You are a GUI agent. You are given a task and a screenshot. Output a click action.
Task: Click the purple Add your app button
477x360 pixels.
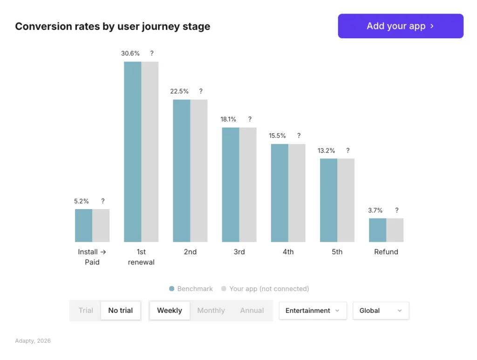401,26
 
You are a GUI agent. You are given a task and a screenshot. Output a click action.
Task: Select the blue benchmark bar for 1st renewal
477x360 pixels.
133,151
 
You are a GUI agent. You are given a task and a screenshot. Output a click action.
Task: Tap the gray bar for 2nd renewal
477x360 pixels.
199,170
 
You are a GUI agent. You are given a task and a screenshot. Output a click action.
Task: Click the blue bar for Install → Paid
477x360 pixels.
84,225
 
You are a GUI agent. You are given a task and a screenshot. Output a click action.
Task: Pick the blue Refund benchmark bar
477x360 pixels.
378,230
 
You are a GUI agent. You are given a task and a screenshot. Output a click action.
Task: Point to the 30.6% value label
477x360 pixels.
130,54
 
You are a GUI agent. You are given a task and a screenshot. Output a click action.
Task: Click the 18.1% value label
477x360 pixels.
228,119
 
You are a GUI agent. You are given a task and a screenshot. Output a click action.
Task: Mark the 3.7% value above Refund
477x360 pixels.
375,211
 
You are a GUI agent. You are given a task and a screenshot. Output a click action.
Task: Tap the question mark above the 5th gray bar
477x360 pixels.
348,150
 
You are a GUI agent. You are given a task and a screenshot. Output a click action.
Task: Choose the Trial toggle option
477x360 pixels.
86,311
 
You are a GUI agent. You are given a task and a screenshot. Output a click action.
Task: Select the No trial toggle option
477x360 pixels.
121,311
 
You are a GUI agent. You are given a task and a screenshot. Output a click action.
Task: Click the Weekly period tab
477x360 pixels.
170,311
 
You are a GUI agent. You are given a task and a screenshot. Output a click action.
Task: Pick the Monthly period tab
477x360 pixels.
211,311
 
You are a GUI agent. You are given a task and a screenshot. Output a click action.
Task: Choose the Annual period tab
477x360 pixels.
252,311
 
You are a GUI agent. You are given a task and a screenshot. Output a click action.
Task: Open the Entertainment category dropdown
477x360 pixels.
313,311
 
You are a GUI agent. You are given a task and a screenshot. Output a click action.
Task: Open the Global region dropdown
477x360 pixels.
381,311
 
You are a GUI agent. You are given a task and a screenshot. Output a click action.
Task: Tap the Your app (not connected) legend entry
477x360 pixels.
265,289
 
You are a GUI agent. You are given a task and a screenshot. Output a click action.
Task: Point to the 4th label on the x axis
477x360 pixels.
288,252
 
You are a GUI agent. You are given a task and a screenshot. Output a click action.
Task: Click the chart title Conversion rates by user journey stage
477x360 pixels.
113,27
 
